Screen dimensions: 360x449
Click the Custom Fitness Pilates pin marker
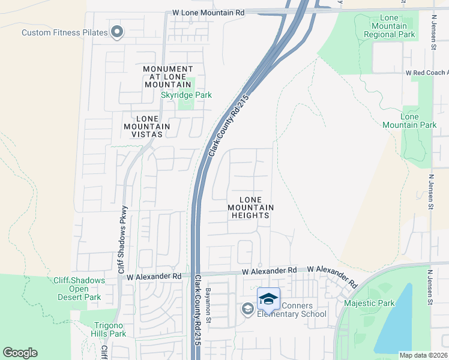(116, 32)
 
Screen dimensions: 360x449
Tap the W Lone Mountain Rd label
(208, 12)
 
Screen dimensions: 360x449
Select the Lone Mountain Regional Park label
(389, 26)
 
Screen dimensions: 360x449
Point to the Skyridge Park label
(186, 95)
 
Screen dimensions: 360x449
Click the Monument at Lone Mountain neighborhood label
(168, 77)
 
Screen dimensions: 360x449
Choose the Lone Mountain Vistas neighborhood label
(147, 126)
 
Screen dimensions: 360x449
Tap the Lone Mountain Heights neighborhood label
(250, 208)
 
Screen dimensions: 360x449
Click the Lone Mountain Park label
(409, 121)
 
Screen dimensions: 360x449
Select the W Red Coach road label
(426, 72)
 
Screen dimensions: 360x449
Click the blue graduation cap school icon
(268, 298)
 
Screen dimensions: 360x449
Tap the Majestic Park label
(369, 303)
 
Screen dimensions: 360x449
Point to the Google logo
(20, 353)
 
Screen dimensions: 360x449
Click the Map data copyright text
(423, 355)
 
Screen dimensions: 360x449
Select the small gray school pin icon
(247, 308)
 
